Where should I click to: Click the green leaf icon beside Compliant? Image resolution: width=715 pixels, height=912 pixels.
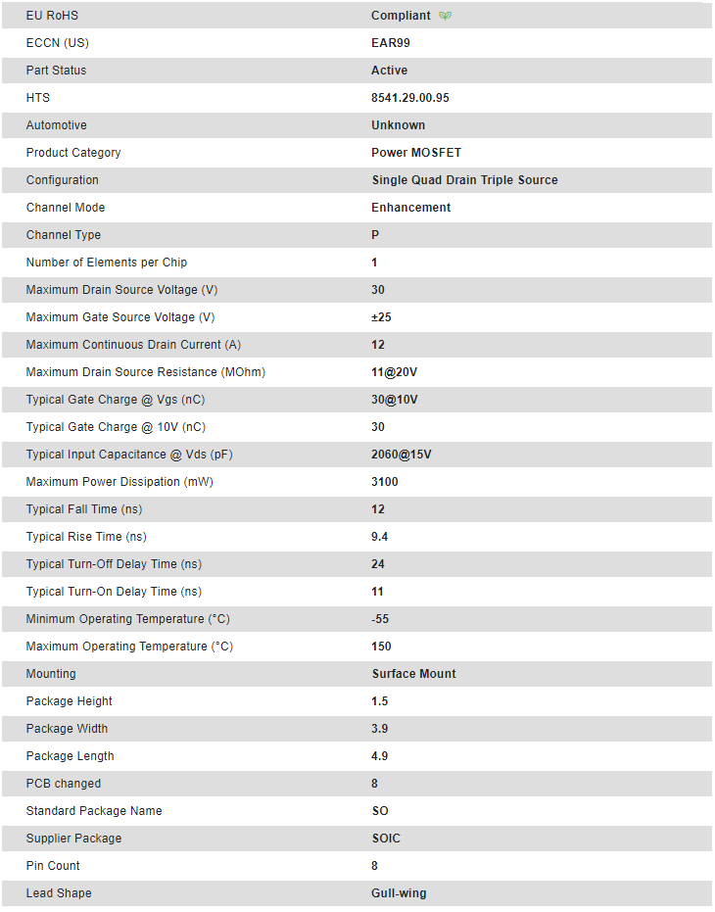pos(446,16)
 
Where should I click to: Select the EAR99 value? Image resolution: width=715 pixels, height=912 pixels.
pos(390,43)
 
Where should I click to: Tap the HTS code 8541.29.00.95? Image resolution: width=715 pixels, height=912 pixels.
pos(410,98)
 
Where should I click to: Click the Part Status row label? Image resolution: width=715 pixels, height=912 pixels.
pos(56,71)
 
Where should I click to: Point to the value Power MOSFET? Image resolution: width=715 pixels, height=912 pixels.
pos(416,153)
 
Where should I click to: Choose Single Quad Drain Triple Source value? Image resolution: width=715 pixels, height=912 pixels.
pos(464,180)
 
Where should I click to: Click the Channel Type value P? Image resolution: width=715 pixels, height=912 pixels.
pos(375,235)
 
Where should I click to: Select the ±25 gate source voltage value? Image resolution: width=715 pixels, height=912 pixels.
pos(381,317)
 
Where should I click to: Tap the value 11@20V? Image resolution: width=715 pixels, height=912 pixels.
pos(394,372)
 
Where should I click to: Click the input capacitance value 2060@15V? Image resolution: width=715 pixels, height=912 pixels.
pos(402,455)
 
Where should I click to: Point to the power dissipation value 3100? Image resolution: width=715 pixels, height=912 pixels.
pos(385,482)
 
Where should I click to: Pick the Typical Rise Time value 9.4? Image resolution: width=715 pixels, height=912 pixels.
pos(380,537)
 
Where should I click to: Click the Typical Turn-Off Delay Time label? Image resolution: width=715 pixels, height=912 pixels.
pos(114,564)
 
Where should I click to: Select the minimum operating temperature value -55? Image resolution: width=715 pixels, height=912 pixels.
pos(380,619)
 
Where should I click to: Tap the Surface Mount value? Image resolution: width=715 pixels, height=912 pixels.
pos(413,674)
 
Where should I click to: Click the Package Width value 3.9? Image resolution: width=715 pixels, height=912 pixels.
pos(380,729)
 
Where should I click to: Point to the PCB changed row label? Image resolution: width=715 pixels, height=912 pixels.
pos(64,784)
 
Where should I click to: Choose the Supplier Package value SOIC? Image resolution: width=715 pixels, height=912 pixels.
pos(386,839)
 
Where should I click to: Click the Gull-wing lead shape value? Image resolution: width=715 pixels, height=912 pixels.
pos(399,893)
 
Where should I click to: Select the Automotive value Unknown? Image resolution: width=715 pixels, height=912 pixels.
pos(398,125)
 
